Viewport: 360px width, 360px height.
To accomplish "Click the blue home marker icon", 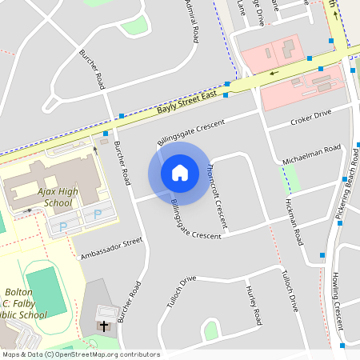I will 179,172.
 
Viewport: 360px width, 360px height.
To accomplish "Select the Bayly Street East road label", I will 187,101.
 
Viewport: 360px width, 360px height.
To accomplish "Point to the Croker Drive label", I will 310,118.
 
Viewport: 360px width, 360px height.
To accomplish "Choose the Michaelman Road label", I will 311,155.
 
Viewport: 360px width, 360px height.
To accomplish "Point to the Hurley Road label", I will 254,305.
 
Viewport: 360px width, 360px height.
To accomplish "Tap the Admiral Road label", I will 193,22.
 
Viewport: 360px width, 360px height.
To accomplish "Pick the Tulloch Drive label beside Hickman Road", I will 289,290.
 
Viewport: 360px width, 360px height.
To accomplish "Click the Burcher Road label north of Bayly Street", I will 92,70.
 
